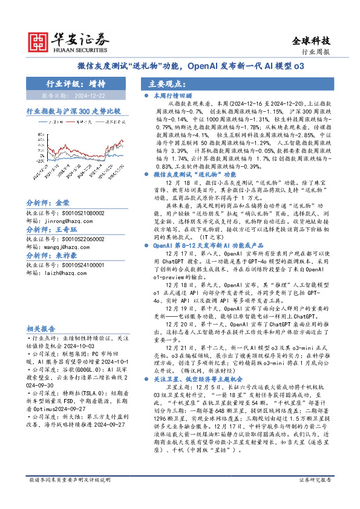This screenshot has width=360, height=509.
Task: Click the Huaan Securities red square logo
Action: click(39, 40)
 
